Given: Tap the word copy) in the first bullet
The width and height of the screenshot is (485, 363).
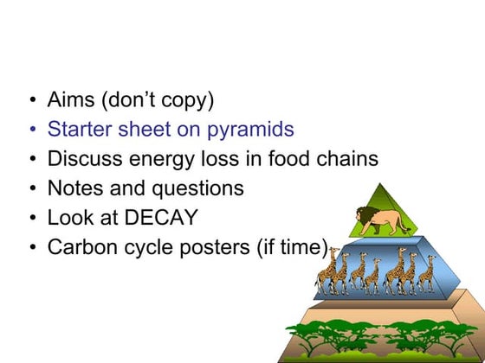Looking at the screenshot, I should point(186,101).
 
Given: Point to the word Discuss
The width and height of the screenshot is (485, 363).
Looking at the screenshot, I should point(84,159).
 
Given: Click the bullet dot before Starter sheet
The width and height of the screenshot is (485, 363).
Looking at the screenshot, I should point(32,131).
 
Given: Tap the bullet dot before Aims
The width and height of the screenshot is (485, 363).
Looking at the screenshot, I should point(32,101).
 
